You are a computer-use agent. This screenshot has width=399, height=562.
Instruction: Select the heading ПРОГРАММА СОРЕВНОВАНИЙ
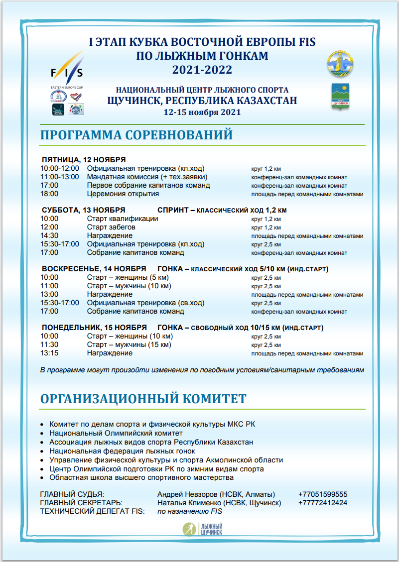tap(136, 135)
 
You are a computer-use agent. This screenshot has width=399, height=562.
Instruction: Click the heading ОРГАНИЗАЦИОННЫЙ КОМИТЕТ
tap(143, 399)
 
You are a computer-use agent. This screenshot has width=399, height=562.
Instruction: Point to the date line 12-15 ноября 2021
tap(202, 112)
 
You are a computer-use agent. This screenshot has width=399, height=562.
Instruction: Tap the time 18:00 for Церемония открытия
tap(49, 194)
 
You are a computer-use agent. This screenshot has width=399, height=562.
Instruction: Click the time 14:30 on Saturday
tap(49, 235)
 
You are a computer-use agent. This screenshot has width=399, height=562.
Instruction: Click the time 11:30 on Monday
tap(49, 344)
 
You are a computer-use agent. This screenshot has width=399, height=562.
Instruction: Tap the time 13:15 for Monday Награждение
tap(49, 353)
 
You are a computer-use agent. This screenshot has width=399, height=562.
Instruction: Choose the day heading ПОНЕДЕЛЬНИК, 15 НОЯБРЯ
tap(94, 328)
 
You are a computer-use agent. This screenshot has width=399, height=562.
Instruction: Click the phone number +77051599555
tap(323, 494)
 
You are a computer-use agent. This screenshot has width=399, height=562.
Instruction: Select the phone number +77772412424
tap(323, 503)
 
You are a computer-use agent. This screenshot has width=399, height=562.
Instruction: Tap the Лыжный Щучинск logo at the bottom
tap(202, 529)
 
